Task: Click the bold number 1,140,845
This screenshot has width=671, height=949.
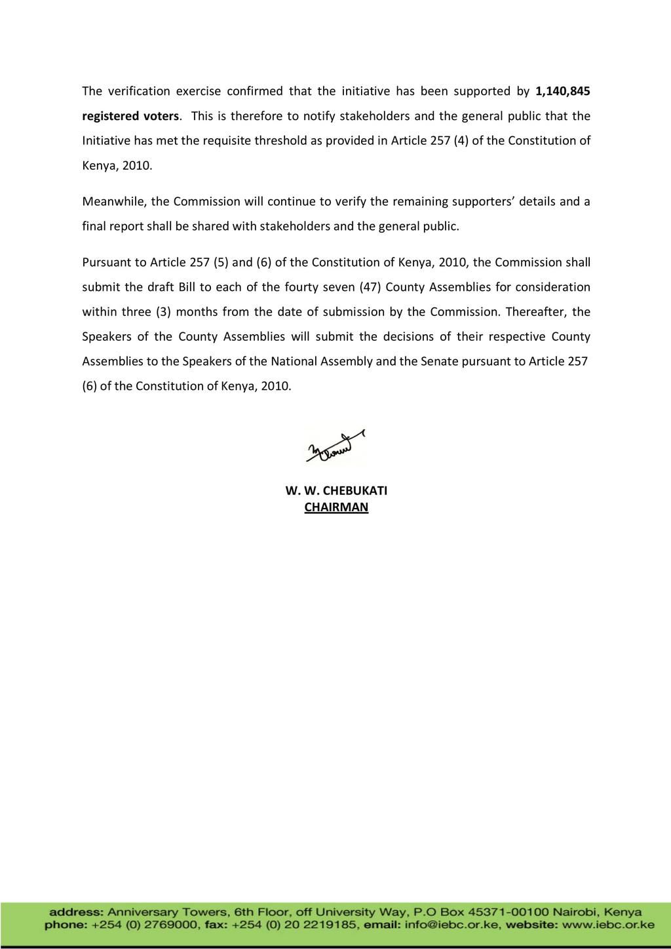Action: pyautogui.click(x=558, y=91)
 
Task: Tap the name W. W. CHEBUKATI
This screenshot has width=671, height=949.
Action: pyautogui.click(x=336, y=491)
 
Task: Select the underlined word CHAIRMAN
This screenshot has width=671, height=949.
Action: pyautogui.click(x=336, y=507)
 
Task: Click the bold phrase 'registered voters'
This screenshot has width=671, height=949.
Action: pyautogui.click(x=130, y=116)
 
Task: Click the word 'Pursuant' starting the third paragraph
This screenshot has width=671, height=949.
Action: pyautogui.click(x=105, y=262)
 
